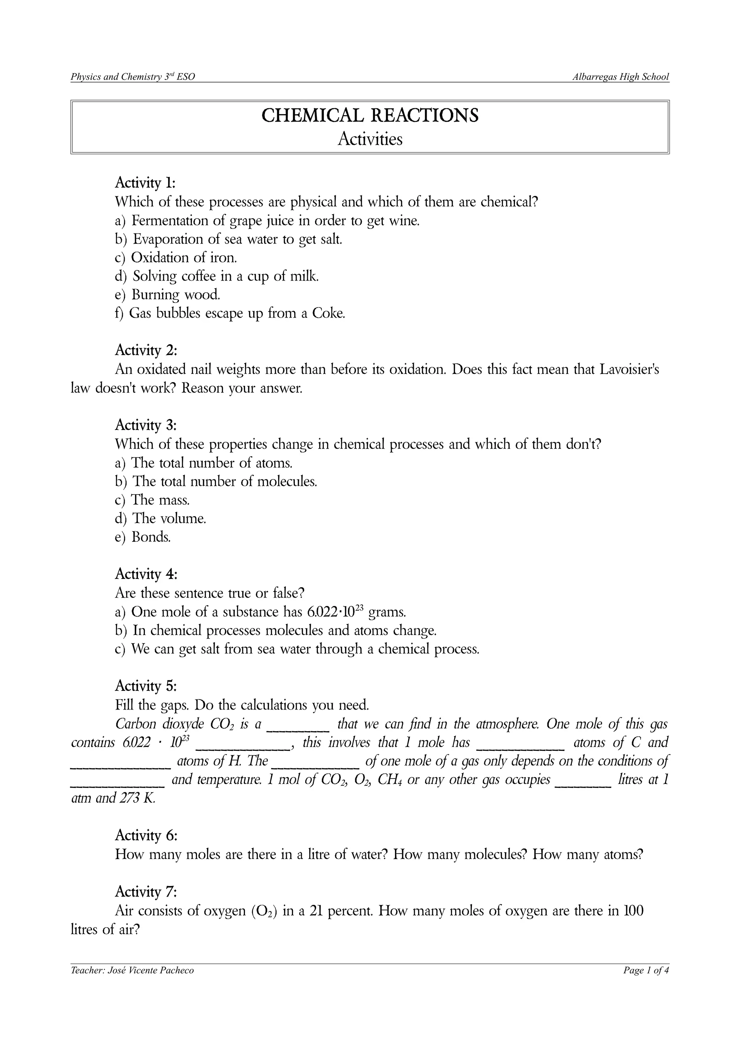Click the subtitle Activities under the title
370,139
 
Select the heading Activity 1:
145,183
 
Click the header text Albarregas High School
620,77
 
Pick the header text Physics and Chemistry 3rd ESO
133,77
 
